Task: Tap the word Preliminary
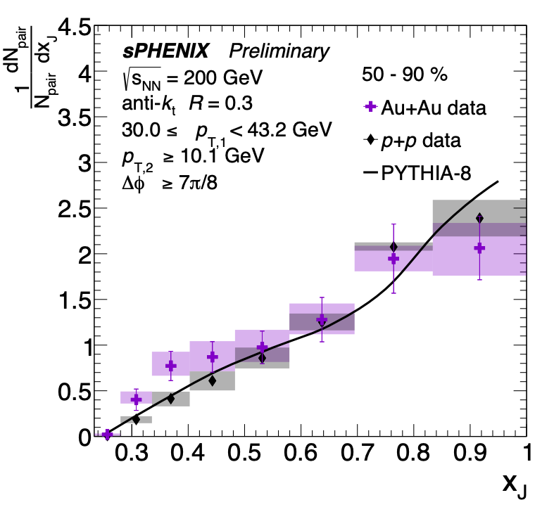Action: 278,51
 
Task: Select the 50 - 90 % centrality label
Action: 404,74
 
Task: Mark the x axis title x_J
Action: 513,485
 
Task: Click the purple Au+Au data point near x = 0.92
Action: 479,248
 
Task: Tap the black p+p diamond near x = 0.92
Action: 479,218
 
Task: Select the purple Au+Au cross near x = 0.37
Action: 170,366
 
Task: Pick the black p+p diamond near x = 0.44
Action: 212,381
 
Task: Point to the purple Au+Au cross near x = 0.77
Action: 393,259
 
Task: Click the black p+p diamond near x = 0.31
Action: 136,420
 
